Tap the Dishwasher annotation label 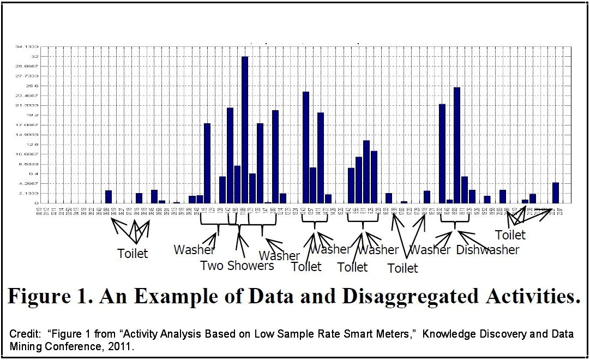tap(487, 250)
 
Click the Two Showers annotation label tap(237, 266)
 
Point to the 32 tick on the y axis tap(35, 56)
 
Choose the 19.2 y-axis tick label tap(33, 115)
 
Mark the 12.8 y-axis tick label tap(33, 145)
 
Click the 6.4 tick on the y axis tap(34, 174)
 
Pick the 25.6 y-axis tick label tap(33, 86)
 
